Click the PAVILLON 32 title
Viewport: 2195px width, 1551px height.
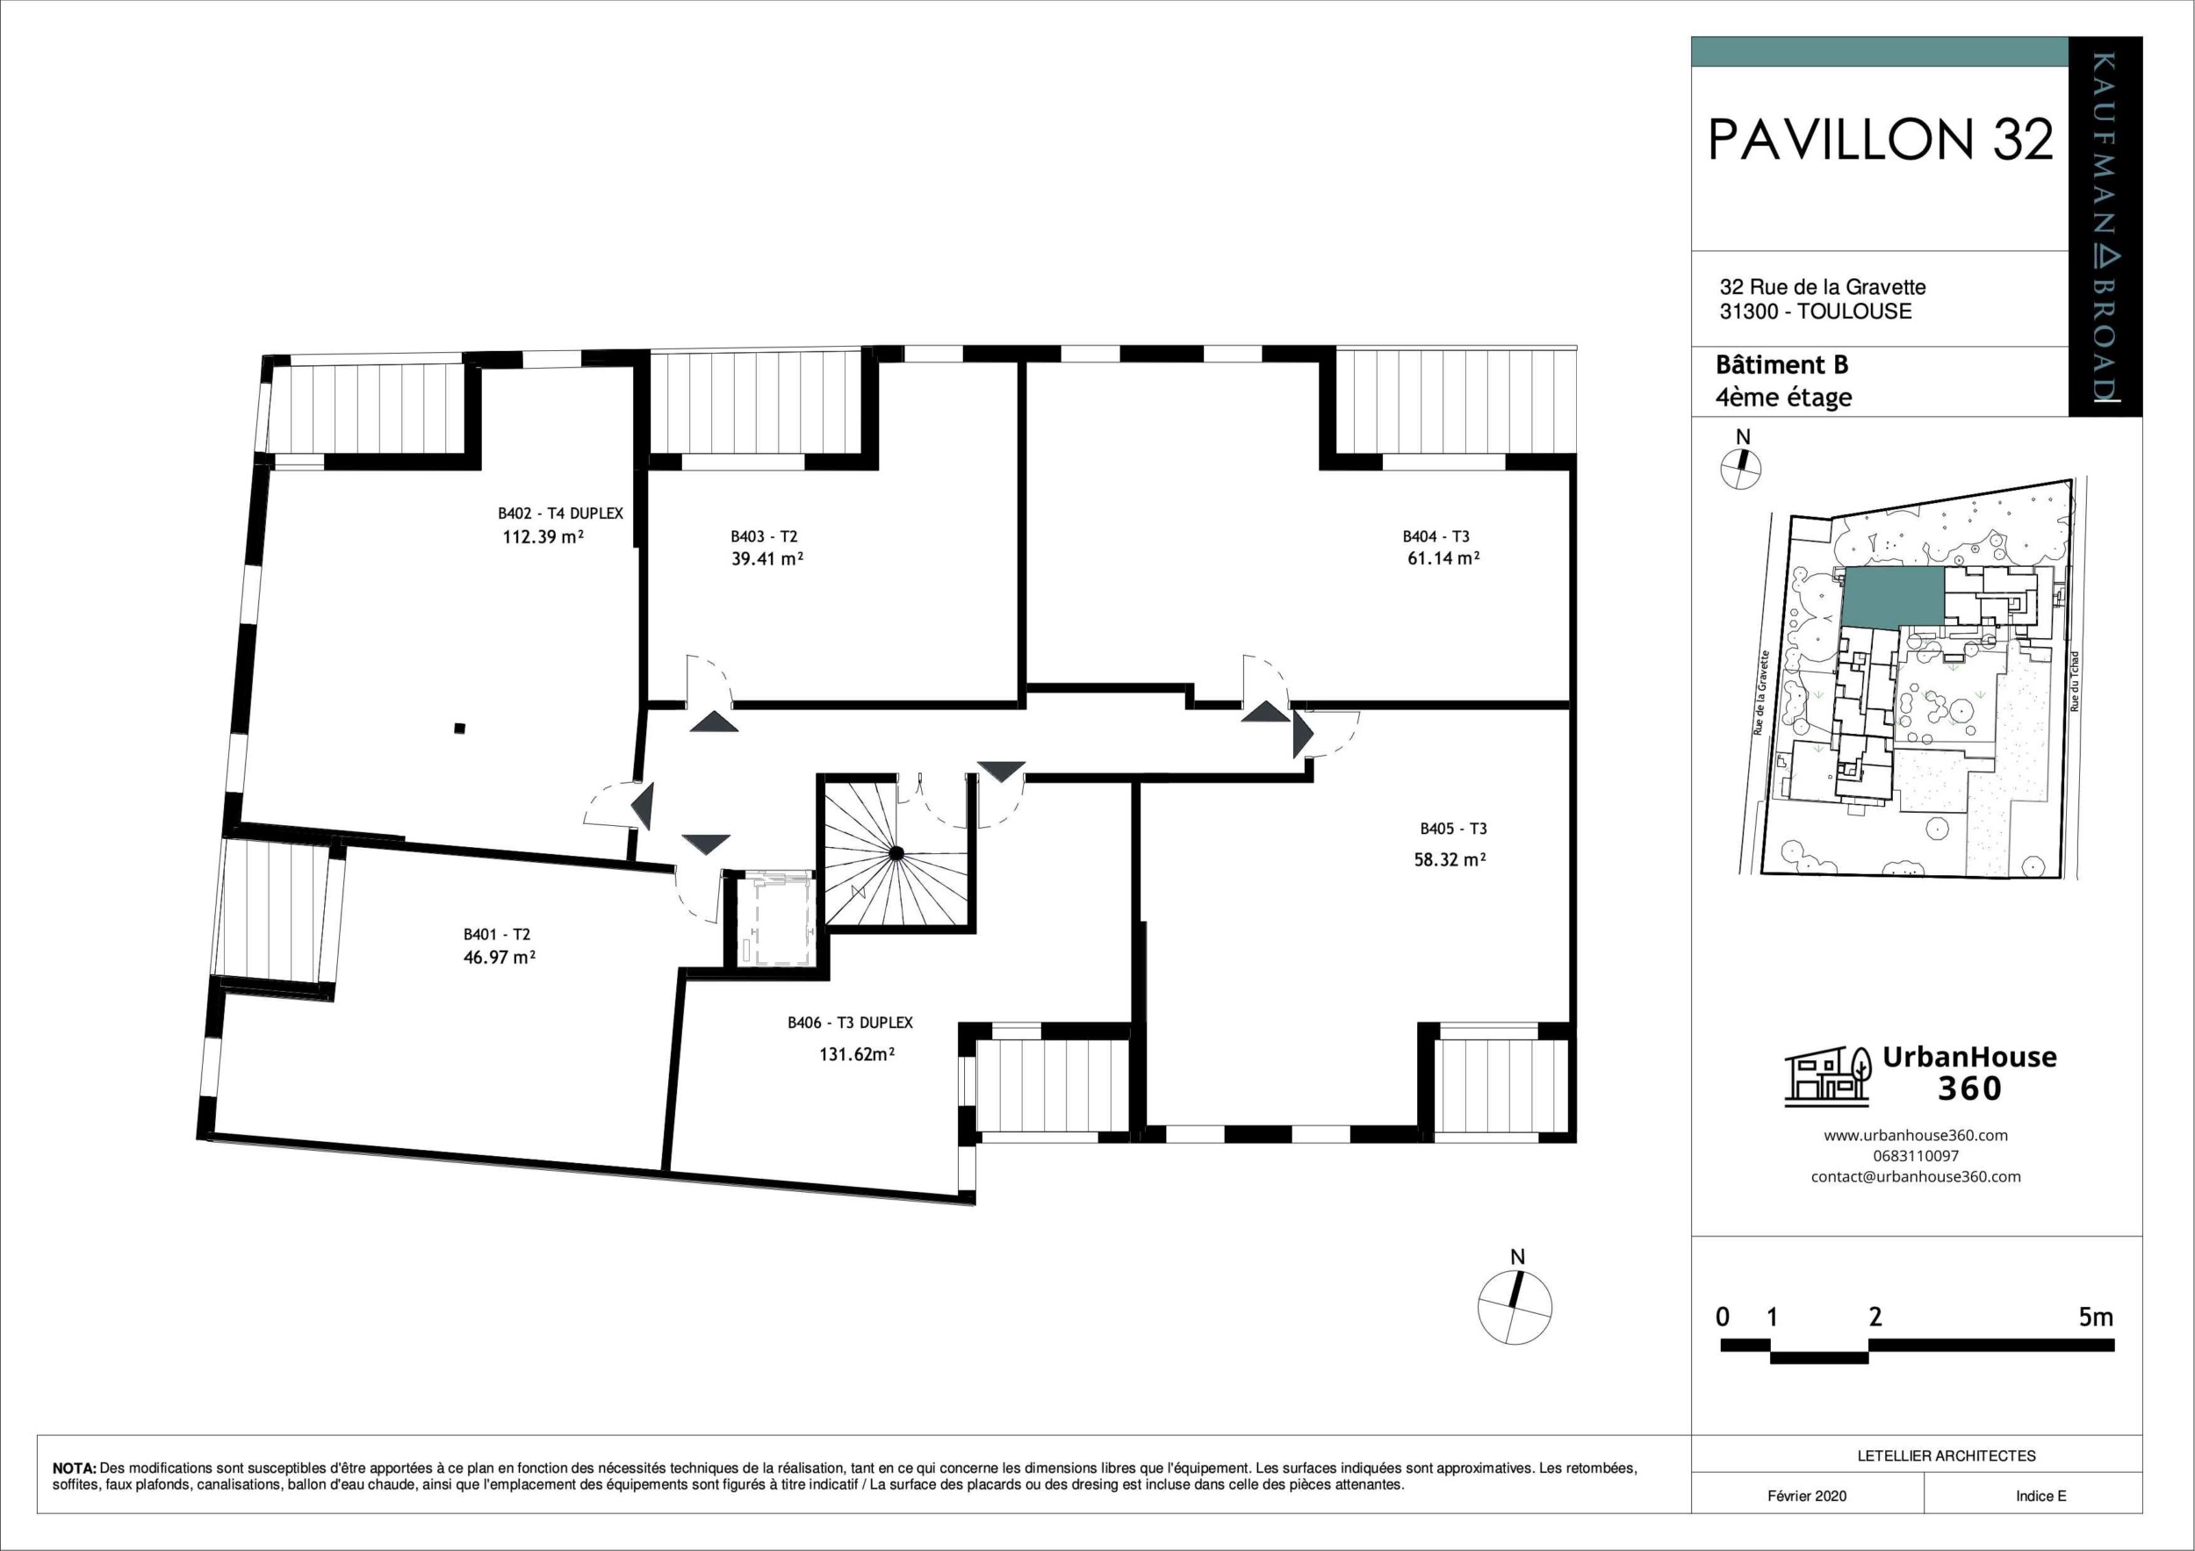click(1880, 140)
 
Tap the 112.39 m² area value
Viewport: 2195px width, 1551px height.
click(543, 537)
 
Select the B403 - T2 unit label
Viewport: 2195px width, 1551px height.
click(764, 537)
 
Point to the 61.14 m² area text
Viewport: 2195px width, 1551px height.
click(1443, 558)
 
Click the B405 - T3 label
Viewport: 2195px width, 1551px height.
click(1453, 829)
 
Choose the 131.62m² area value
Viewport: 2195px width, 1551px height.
click(857, 1055)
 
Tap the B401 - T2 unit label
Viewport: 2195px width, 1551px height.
click(496, 935)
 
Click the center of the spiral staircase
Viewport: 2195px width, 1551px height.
click(896, 852)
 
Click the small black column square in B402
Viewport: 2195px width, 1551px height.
click(460, 729)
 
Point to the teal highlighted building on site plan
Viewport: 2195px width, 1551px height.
click(1892, 596)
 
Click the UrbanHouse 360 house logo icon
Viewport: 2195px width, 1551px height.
click(1827, 1077)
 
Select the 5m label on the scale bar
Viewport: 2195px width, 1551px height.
click(2096, 1317)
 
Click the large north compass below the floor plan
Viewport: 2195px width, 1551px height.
click(1515, 1308)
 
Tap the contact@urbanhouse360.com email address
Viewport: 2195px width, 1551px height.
click(1915, 1176)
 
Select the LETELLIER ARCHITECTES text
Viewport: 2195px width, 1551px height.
click(1946, 1456)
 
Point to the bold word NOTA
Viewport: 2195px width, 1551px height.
click(74, 1468)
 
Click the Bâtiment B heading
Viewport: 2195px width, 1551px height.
click(1781, 365)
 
